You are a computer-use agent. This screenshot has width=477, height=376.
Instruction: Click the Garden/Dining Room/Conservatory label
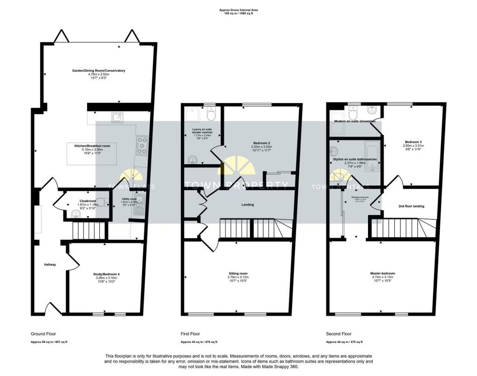(98, 71)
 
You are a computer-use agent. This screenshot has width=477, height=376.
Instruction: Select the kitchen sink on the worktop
(116, 117)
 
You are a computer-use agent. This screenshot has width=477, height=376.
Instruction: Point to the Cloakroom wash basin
(76, 214)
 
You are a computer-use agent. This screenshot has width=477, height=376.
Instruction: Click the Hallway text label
(50, 265)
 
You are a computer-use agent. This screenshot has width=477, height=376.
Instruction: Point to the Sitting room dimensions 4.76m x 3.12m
(238, 278)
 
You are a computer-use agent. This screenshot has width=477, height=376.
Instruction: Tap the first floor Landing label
(247, 205)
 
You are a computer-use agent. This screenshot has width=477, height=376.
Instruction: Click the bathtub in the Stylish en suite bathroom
(373, 155)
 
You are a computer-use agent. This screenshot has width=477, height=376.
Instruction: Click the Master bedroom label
(382, 273)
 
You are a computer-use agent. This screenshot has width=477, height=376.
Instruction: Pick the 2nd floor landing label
(411, 206)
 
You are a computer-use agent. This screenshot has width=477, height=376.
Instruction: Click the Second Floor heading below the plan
(338, 334)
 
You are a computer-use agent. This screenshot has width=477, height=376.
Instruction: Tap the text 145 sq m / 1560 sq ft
(238, 14)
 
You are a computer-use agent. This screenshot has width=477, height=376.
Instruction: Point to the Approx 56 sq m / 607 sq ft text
(49, 342)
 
